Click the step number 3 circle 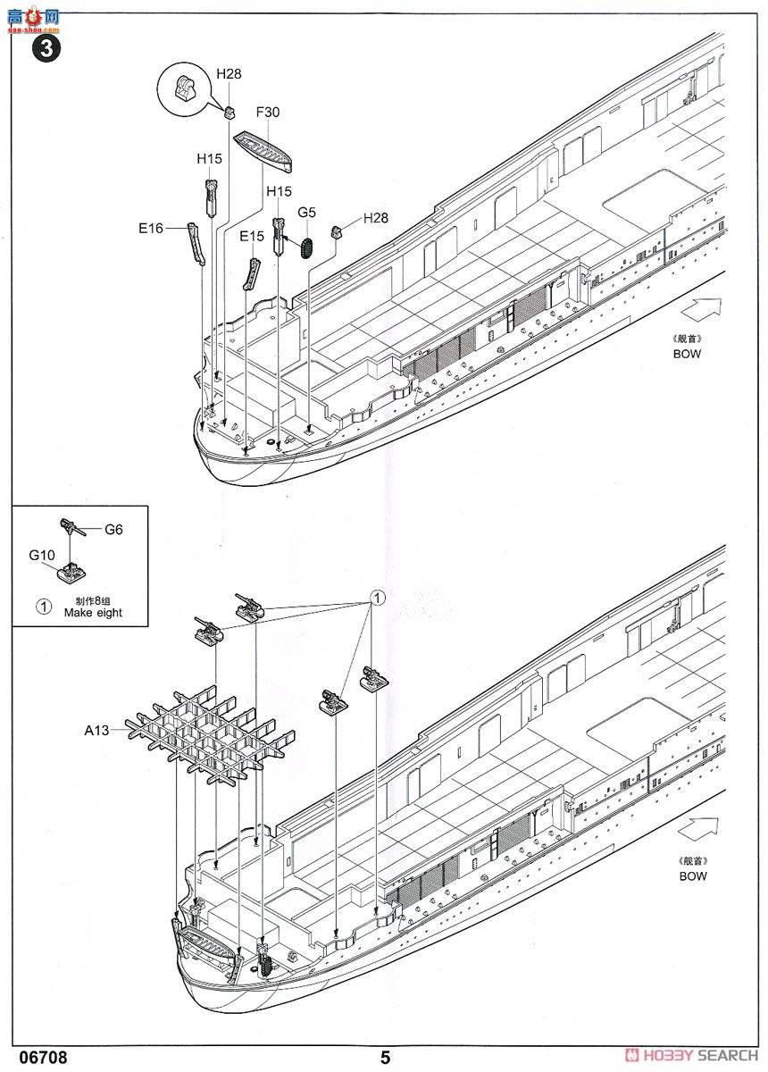pyautogui.click(x=46, y=48)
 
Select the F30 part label pyautogui.click(x=267, y=113)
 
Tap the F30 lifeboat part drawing pyautogui.click(x=263, y=149)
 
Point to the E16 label pyautogui.click(x=151, y=229)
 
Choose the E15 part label pyautogui.click(x=252, y=237)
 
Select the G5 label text pyautogui.click(x=307, y=213)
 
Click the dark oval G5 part pyautogui.click(x=309, y=245)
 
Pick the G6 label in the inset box pyautogui.click(x=113, y=529)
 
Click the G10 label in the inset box pyautogui.click(x=41, y=556)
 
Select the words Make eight pyautogui.click(x=93, y=613)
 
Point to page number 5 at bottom pyautogui.click(x=385, y=1058)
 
